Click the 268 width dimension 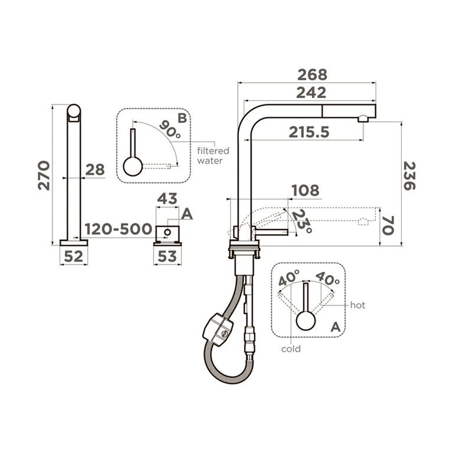click(312, 75)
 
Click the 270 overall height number click(44, 176)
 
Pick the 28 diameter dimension click(95, 170)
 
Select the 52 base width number click(73, 256)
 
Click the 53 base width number click(167, 256)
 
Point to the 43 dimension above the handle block click(167, 199)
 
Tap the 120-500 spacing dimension click(118, 229)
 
